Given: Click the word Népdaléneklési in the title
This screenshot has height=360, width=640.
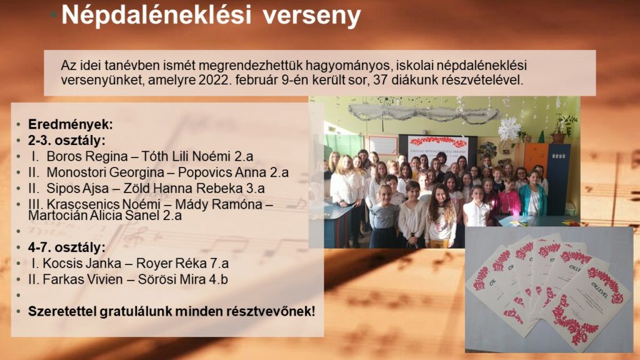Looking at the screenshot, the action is coord(156,16).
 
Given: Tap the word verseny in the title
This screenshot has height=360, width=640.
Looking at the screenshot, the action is coord(311,16).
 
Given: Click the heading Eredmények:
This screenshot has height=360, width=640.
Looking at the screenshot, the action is coord(70,124).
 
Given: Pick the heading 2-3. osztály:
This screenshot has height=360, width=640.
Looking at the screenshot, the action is coord(66,141).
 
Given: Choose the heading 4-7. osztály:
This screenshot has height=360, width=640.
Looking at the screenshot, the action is coord(66,247).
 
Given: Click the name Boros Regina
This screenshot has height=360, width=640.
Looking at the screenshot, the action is coord(87,156).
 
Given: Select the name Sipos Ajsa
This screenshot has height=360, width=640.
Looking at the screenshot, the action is coord(77,188).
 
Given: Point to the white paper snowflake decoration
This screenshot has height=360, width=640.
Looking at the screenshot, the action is coord(509,129).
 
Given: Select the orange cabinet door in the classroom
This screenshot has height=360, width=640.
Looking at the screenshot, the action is coord(535,158).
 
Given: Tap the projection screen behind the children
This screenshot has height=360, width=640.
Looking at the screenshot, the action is coord(438,149).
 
